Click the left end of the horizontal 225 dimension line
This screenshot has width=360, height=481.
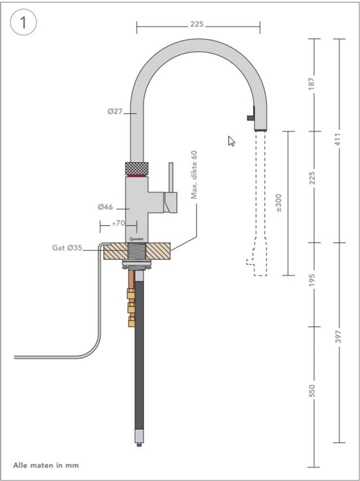click(137, 27)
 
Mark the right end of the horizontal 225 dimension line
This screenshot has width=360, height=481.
click(260, 27)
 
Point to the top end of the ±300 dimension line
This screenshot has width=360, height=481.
click(288, 131)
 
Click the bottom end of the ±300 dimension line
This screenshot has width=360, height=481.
click(288, 275)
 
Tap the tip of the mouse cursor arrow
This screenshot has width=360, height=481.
click(229, 136)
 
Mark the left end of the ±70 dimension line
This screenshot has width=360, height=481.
click(100, 227)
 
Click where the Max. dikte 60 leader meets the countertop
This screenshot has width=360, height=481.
click(171, 251)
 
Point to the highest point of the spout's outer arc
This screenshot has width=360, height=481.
click(199, 39)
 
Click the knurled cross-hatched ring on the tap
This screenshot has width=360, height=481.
click(136, 168)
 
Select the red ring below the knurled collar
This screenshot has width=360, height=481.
click(136, 176)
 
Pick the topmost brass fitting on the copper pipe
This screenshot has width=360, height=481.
click(131, 294)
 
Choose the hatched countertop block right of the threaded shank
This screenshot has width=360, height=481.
click(158, 251)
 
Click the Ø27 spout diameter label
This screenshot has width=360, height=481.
click(115, 112)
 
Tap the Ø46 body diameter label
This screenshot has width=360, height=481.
click(105, 207)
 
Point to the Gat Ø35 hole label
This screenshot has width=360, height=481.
click(67, 248)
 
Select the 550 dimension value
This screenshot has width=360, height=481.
click(312, 391)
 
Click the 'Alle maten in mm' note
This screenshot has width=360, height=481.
click(45, 466)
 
